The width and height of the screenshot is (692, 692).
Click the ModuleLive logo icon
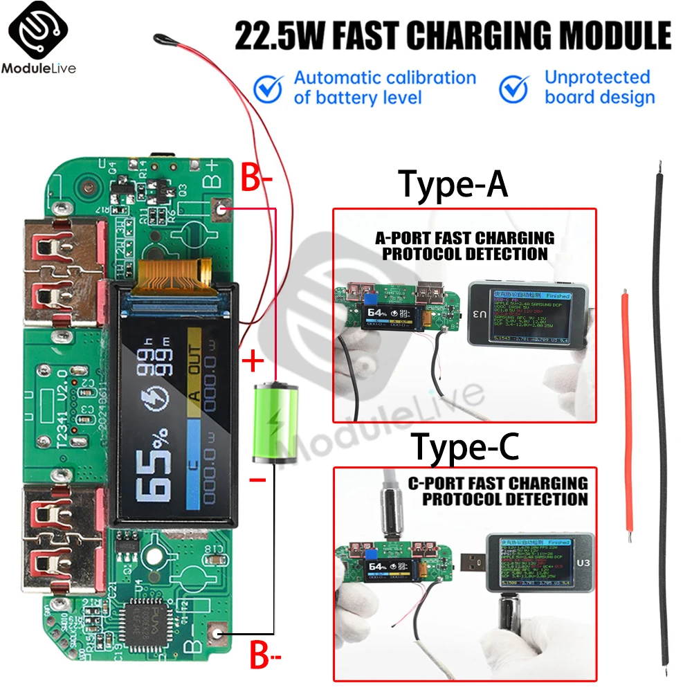click(x=38, y=31)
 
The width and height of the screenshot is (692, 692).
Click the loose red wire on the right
click(x=627, y=415)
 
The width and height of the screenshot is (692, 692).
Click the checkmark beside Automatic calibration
click(x=268, y=88)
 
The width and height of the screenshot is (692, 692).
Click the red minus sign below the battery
click(x=257, y=480)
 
